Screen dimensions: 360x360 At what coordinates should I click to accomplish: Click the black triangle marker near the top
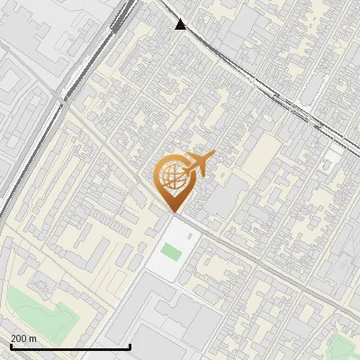tap(182, 24)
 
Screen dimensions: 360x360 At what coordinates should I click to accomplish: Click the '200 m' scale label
tap(23, 338)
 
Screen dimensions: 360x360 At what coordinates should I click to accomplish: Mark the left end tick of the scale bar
tap(11, 346)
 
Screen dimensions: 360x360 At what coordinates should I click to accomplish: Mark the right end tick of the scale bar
tap(130, 346)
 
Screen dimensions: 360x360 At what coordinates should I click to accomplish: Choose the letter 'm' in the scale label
tap(32, 338)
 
